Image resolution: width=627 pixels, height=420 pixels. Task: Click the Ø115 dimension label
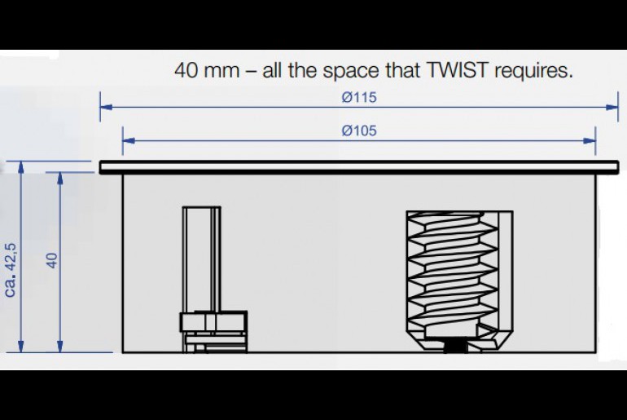click(x=359, y=97)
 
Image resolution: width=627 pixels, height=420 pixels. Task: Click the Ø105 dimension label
click(x=359, y=131)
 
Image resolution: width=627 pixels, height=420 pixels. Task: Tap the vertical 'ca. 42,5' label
click(x=11, y=269)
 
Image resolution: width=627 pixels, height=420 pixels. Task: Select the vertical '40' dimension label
click(x=52, y=260)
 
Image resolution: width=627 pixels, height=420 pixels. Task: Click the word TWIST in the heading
click(x=458, y=70)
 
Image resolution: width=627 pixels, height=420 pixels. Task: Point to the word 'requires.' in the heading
click(x=533, y=71)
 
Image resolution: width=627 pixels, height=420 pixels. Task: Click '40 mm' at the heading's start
click(x=206, y=70)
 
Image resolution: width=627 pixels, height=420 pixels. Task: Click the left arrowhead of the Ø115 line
click(x=106, y=107)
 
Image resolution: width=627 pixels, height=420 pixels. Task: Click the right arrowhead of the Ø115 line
click(x=612, y=107)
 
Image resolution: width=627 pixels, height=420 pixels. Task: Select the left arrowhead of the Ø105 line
click(x=129, y=140)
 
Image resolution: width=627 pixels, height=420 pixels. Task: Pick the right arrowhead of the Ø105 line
click(x=590, y=140)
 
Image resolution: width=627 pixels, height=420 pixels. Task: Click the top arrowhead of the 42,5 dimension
click(x=21, y=167)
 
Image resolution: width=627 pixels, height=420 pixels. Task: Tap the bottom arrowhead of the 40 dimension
click(x=60, y=347)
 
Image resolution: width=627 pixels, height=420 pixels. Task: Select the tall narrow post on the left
click(x=202, y=259)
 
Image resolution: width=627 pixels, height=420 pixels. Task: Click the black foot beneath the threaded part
click(x=456, y=347)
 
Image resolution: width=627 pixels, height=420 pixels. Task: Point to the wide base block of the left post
click(x=213, y=321)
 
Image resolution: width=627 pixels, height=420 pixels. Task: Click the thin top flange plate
click(x=359, y=167)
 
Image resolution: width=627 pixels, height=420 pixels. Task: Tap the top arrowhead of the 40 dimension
click(x=60, y=179)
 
